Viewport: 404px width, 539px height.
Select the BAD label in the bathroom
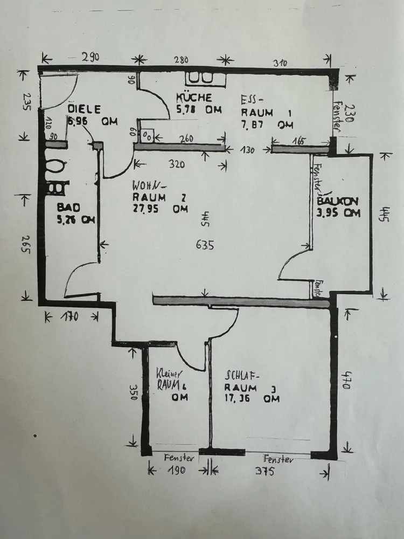point(67,207)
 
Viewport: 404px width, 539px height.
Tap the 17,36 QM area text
point(252,399)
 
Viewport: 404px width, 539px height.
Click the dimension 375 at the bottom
point(265,473)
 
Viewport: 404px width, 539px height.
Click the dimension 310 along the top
point(280,63)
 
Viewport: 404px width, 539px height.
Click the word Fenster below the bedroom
point(278,460)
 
